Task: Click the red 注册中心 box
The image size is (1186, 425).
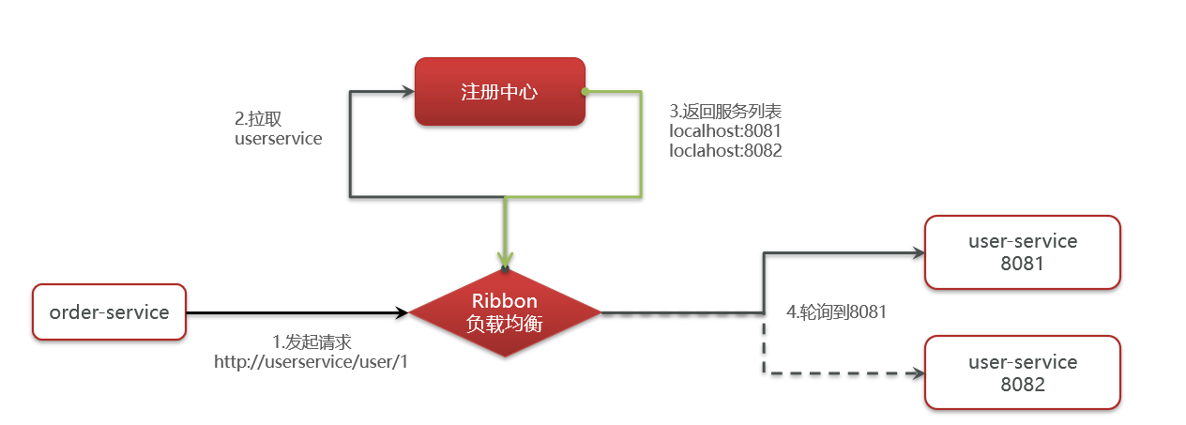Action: [x=499, y=92]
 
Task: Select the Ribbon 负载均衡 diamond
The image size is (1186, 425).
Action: [x=505, y=311]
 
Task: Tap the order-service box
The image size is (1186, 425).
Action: [x=109, y=311]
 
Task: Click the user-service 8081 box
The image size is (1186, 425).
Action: [x=1022, y=251]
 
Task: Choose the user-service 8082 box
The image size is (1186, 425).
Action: [x=1022, y=372]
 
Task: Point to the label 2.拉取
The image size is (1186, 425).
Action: [x=258, y=119]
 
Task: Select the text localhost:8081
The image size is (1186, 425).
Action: [x=724, y=130]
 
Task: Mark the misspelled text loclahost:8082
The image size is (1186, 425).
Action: [x=724, y=150]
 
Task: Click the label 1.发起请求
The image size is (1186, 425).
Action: [x=312, y=342]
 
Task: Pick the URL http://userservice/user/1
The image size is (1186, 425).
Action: [x=312, y=362]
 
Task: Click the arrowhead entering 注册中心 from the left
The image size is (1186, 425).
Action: [x=407, y=92]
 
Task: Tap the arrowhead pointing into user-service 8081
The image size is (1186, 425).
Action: [x=917, y=252]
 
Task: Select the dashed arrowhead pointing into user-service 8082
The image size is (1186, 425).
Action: [x=917, y=373]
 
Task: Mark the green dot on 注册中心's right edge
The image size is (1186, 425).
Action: [x=584, y=92]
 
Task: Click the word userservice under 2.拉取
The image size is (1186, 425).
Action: [x=278, y=139]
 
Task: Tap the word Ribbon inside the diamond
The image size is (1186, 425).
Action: [x=505, y=301]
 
